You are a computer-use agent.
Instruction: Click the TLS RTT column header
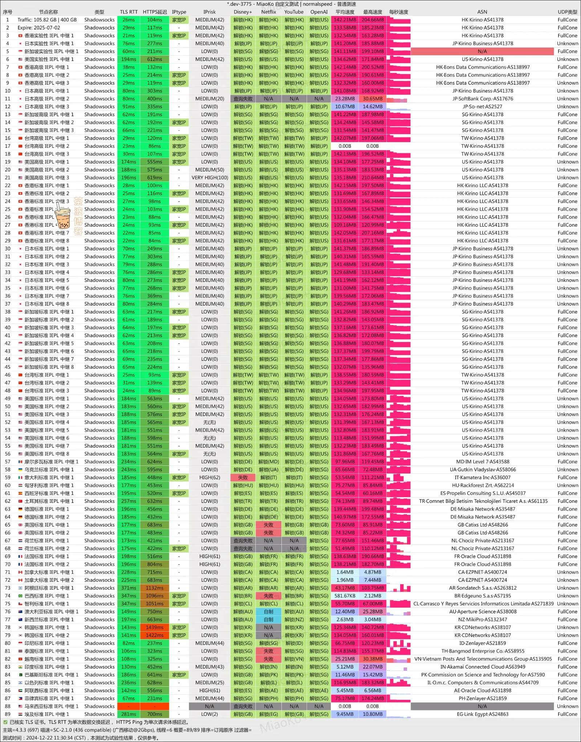point(129,12)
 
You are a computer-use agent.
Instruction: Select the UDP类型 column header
point(567,12)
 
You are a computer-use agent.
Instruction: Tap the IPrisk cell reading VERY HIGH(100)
point(210,178)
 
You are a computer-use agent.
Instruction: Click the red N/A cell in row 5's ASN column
point(482,51)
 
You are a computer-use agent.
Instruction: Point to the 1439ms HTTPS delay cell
point(154,628)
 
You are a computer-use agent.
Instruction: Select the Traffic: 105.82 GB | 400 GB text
point(47,20)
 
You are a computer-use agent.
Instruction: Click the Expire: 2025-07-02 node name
point(39,28)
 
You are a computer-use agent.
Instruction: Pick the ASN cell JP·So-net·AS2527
point(482,106)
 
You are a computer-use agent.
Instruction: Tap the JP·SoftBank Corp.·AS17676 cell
point(482,99)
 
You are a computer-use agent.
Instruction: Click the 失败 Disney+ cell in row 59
point(243,477)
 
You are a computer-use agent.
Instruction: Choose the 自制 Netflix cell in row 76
point(268,612)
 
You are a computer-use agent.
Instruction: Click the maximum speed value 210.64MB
point(373,178)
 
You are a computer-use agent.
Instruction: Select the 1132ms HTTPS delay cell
point(154,588)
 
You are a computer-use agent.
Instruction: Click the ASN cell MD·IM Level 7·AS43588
point(482,462)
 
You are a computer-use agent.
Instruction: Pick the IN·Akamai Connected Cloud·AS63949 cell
point(482,667)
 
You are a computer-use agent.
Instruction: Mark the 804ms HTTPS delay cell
point(154,564)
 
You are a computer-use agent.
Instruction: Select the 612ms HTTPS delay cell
point(154,59)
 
